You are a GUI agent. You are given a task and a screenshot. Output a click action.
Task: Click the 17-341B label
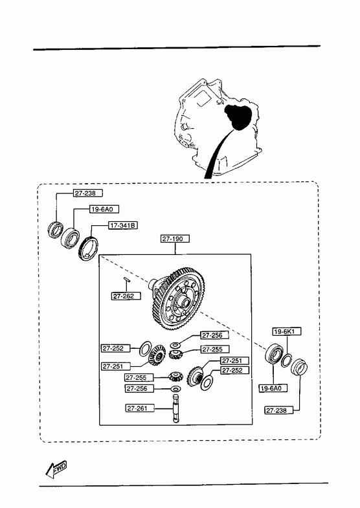[123, 225]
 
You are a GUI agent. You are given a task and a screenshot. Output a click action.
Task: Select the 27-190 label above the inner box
[175, 239]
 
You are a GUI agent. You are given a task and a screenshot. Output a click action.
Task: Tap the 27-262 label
[126, 296]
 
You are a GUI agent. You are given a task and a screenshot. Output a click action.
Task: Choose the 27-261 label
[140, 408]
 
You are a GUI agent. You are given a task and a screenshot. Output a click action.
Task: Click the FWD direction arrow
[56, 469]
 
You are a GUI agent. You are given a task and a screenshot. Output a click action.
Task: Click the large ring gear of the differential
[178, 299]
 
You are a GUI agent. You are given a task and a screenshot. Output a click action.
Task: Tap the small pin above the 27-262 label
[126, 280]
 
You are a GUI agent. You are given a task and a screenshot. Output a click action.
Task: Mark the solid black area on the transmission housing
[239, 117]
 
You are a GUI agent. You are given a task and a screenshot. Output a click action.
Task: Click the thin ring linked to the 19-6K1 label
[286, 360]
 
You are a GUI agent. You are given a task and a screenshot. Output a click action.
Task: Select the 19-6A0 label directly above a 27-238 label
[273, 388]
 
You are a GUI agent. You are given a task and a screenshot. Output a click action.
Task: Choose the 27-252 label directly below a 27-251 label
[235, 370]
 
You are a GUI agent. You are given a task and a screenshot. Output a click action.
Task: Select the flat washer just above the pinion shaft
[175, 389]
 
